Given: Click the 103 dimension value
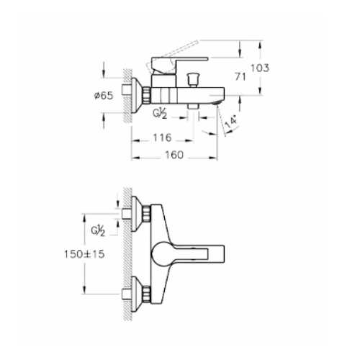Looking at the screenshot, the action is (260, 68).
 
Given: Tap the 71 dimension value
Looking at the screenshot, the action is (240, 77).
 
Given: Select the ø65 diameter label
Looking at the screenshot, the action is (103, 96).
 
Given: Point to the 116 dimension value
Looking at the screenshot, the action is (163, 138).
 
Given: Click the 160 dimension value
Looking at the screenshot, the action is (174, 155).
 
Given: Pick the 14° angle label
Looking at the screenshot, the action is (231, 122).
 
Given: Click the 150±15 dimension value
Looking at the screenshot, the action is (84, 254).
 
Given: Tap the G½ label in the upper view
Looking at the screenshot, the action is (160, 113).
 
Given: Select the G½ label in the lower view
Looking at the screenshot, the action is (98, 231).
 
